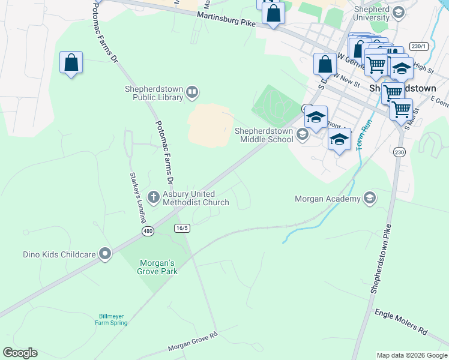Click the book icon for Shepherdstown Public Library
(192, 92)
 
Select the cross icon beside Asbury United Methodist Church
(153, 195)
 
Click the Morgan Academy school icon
(370, 198)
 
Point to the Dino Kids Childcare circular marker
(106, 254)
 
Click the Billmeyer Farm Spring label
(111, 319)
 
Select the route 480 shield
(148, 231)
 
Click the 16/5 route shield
(182, 228)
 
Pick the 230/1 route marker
(418, 46)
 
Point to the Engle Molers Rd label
(400, 322)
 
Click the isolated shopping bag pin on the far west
(71, 63)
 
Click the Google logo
(20, 353)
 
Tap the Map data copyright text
(411, 355)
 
